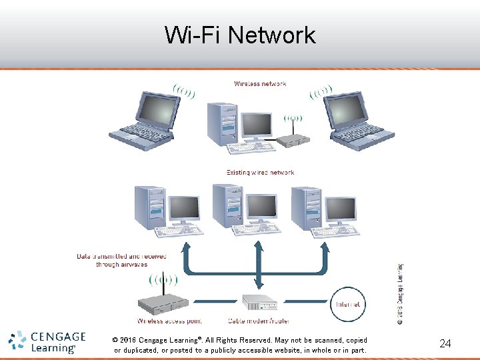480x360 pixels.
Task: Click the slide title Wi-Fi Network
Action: click(240, 35)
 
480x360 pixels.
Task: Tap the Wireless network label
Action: click(260, 84)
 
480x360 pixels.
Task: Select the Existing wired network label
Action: click(260, 173)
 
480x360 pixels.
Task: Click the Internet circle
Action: click(347, 305)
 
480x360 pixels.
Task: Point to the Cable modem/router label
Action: click(259, 321)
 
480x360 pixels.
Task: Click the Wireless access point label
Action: click(169, 321)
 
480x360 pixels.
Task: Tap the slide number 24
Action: click(445, 344)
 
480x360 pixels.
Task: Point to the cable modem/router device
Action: click(259, 303)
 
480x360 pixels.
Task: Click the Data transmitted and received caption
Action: click(121, 260)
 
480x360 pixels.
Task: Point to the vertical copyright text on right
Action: click(400, 293)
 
